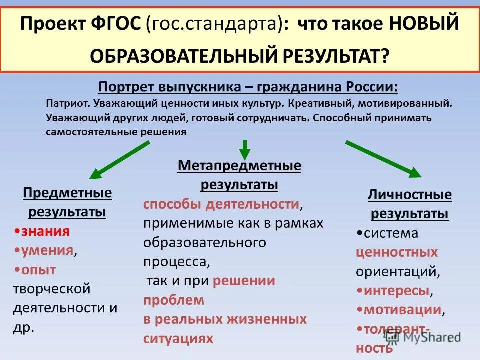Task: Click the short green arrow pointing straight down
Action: [x=244, y=148]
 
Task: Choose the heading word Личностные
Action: [x=409, y=195]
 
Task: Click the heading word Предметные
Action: [x=67, y=193]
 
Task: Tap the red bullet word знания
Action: [x=45, y=231]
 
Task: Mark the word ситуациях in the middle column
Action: [x=178, y=338]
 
